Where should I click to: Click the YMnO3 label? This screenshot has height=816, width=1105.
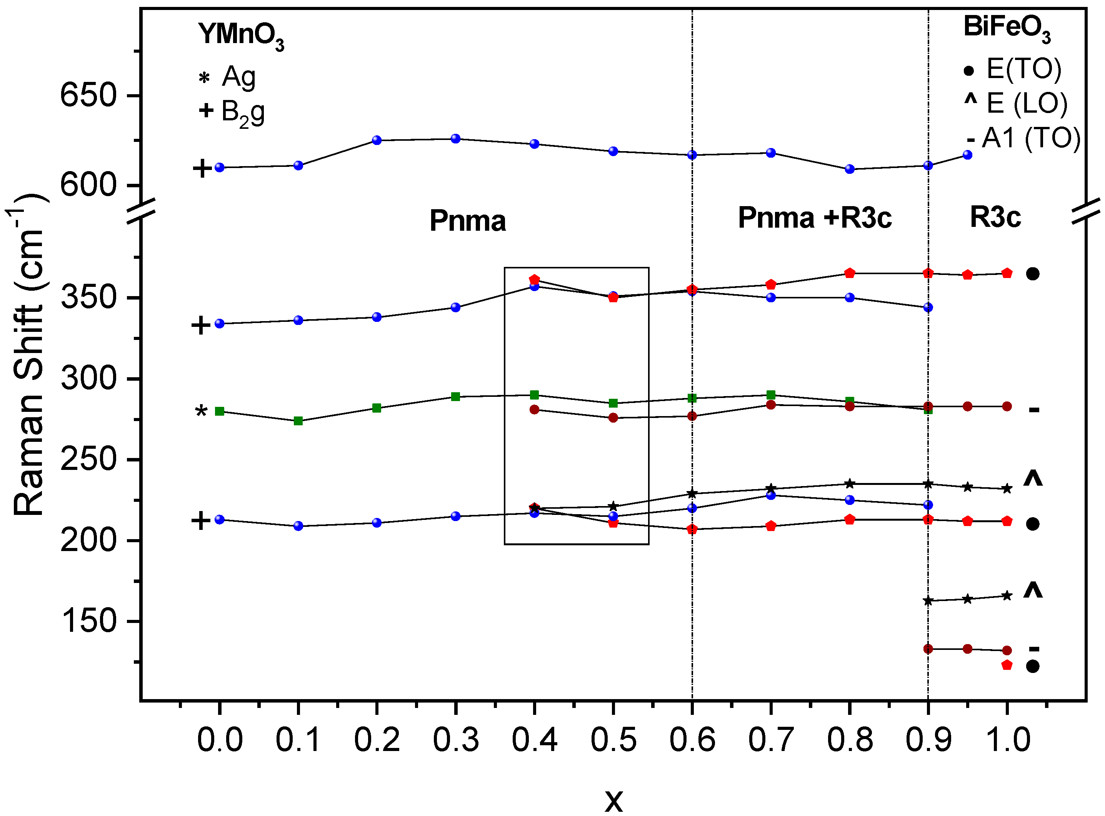241,35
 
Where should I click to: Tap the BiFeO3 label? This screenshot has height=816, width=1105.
1006,28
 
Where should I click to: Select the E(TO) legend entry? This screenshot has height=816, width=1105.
1023,69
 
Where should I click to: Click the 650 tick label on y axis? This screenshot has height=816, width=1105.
88,95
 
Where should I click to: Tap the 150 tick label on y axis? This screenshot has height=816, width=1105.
88,621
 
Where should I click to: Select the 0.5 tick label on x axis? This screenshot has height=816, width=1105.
613,739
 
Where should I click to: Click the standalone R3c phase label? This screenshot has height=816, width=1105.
995,216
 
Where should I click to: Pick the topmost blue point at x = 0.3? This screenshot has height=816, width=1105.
455,139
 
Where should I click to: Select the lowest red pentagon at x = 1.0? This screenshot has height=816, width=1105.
1007,665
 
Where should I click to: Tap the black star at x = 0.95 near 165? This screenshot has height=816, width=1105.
968,599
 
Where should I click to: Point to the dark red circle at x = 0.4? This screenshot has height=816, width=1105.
534,410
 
